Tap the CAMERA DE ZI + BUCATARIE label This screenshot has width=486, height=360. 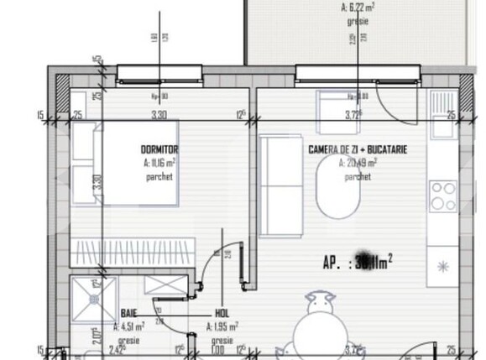coord(358,149)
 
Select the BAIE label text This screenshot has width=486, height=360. coord(128,312)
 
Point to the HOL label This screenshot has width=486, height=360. coord(221,312)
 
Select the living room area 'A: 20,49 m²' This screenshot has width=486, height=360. coord(358,164)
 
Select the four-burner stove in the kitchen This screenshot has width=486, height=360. coord(442,196)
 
